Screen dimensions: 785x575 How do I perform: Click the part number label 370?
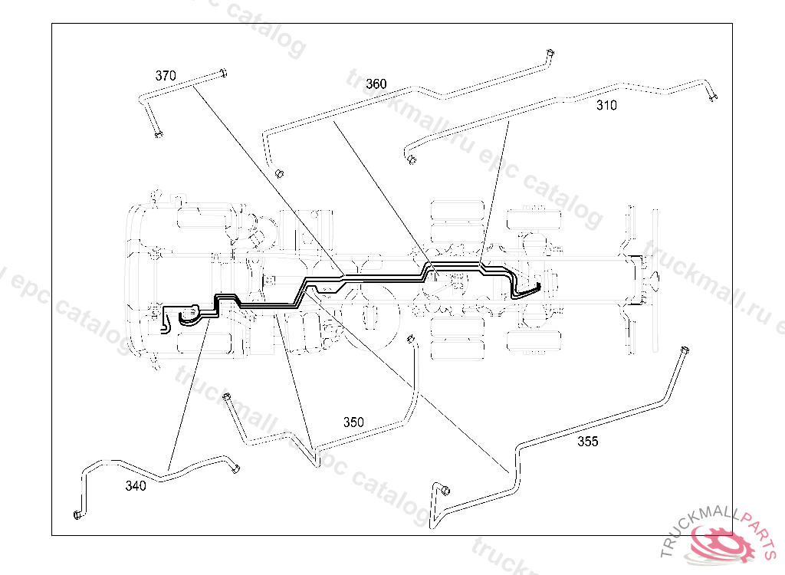166,76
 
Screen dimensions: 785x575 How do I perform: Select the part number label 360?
376,84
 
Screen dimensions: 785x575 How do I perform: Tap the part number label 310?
606,106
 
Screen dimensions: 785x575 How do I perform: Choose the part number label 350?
353,422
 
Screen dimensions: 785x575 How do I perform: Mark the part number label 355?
588,442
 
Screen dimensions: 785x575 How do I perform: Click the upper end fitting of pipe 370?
222,74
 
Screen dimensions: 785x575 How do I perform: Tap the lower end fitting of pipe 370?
158,134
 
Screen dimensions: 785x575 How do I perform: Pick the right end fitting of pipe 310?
713,96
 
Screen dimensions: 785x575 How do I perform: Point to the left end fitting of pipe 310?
412,159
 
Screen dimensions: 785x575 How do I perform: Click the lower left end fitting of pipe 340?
77,514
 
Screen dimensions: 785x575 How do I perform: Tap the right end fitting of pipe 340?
236,469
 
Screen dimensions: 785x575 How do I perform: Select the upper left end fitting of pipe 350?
226,396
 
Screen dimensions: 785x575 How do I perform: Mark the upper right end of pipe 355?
682,350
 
